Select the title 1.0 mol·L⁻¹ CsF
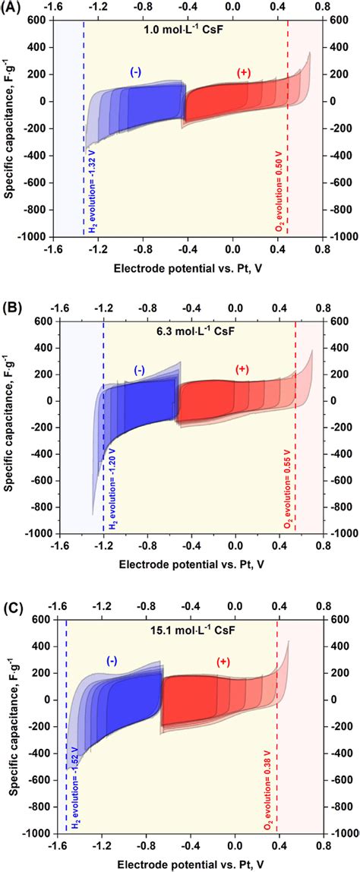coord(185,31)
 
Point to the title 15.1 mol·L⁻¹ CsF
coord(185,629)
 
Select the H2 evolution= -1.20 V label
coord(111,485)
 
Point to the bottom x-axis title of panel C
coord(186,864)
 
